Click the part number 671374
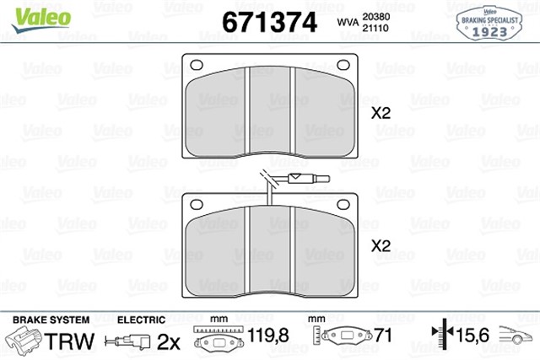(269, 21)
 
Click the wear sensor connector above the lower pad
(299, 179)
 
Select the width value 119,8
(267, 336)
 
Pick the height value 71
(385, 336)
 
